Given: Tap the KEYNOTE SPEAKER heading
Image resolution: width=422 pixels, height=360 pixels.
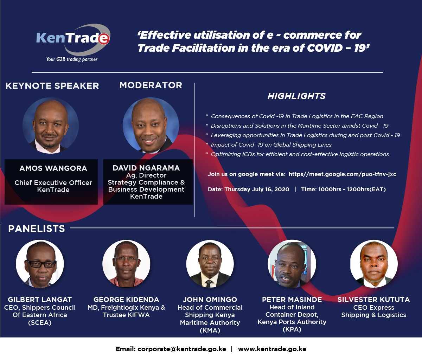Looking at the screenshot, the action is [52, 86].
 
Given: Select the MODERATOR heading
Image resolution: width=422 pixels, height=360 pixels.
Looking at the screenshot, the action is [151, 85].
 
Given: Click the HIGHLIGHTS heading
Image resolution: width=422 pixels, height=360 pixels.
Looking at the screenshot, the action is [296, 96].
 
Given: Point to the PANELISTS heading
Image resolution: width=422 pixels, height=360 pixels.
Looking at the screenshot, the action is [37, 229].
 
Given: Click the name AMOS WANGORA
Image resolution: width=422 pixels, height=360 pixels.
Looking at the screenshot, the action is [53, 168].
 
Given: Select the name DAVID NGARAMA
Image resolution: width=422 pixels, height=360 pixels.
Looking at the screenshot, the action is [146, 168].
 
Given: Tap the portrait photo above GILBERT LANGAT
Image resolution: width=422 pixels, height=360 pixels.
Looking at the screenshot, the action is [40, 264].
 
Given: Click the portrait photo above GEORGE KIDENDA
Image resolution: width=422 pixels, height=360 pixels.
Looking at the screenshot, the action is [126, 264].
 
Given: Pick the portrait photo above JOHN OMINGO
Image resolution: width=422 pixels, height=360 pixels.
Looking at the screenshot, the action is [210, 264].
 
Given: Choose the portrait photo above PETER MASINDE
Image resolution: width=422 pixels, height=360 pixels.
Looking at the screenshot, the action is [292, 264].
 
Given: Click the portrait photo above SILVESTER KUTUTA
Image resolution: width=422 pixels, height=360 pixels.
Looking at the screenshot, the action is [374, 264].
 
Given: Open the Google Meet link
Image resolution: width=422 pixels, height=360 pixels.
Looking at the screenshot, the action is [343, 174].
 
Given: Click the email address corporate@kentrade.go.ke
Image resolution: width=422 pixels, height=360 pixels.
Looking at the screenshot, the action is [182, 349].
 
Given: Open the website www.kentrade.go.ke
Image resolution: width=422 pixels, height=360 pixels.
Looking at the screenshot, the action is [272, 349].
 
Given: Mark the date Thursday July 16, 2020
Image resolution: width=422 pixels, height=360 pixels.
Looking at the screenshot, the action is [257, 189].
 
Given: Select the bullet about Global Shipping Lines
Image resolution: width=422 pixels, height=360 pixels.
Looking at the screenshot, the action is [269, 145].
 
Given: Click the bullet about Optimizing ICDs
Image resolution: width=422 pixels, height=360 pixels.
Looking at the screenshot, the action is [298, 154].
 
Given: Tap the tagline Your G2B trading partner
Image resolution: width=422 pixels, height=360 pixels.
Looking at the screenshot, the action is [72, 59].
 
